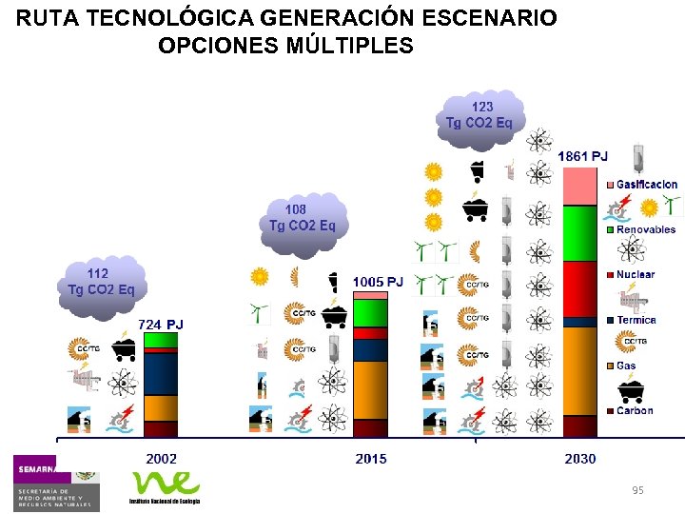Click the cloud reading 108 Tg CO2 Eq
302,218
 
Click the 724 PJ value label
161,325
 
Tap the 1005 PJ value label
378,282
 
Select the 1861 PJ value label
583,155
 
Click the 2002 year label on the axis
161,459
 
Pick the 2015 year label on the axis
371,459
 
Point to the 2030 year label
579,459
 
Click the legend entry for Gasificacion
646,184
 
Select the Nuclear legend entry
636,274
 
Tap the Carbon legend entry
635,411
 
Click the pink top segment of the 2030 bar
579,187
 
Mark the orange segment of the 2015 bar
370,390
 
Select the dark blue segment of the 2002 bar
161,373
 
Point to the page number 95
636,489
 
